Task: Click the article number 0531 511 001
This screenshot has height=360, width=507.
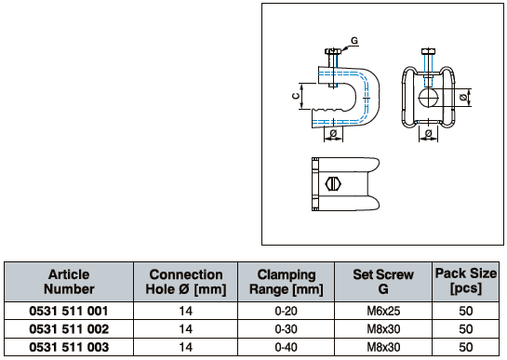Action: (x=69, y=311)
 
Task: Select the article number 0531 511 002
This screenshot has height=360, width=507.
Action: (x=69, y=329)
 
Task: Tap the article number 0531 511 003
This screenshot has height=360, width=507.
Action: (x=69, y=347)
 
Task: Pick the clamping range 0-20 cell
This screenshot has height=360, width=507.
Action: (x=286, y=311)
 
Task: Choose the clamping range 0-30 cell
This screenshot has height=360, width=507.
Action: (x=286, y=329)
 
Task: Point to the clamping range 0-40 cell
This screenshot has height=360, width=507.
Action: (x=286, y=347)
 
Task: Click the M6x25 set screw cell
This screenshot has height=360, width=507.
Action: (x=383, y=311)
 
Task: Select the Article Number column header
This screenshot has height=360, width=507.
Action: (x=69, y=282)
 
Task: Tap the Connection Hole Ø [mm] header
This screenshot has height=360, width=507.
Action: (x=186, y=282)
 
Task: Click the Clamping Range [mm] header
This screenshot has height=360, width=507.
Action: (x=287, y=282)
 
